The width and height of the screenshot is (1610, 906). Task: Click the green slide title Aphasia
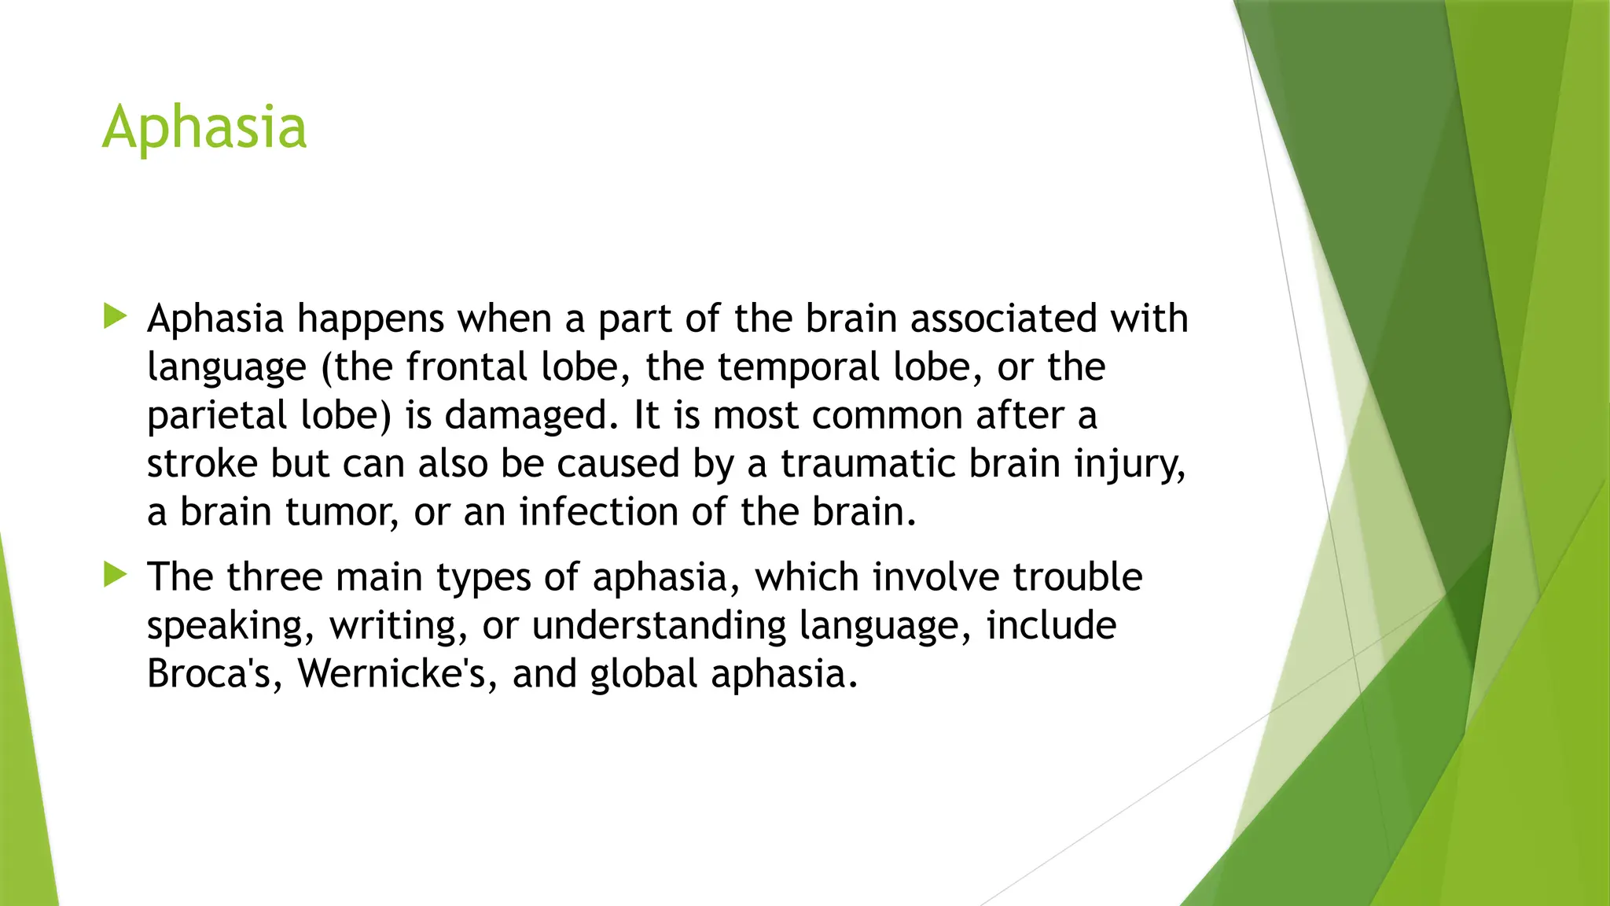pyautogui.click(x=204, y=127)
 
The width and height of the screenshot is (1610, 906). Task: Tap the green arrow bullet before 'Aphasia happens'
pyautogui.click(x=115, y=317)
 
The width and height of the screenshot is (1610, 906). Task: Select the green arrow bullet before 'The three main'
pyautogui.click(x=115, y=575)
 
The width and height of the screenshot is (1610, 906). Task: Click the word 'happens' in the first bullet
pyautogui.click(x=370, y=319)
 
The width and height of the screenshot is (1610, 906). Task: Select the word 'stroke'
pyautogui.click(x=202, y=464)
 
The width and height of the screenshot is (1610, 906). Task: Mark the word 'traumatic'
pyautogui.click(x=867, y=464)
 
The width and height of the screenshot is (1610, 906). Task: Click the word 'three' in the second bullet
pyautogui.click(x=274, y=577)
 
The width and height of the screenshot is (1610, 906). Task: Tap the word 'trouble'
pyautogui.click(x=1077, y=577)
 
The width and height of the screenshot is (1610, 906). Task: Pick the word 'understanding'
pyautogui.click(x=659, y=625)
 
